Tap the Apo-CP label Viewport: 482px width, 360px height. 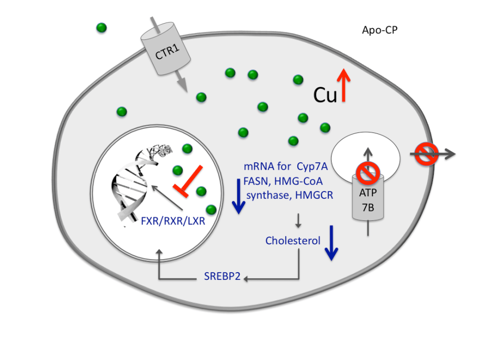380,30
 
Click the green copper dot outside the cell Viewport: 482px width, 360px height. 102,27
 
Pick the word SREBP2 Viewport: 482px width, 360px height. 222,277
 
